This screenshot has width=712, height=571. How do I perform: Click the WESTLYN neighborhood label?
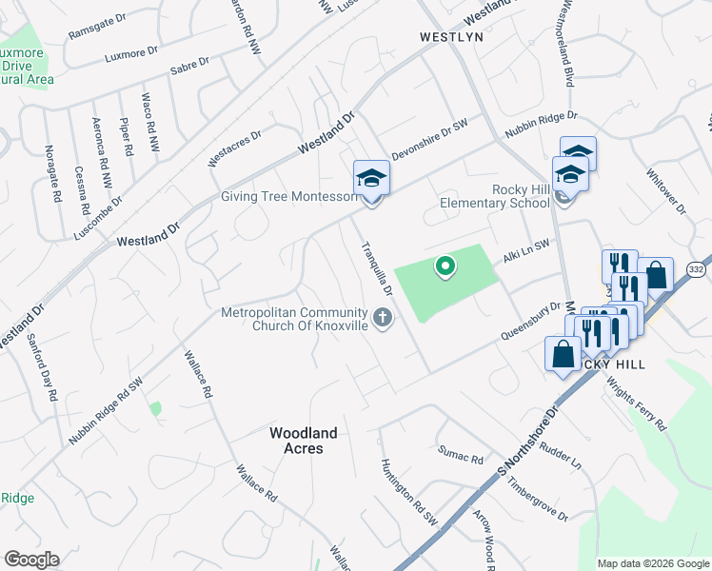click(x=452, y=37)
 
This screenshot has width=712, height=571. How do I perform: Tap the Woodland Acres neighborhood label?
click(x=304, y=441)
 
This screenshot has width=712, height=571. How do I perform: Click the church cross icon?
click(x=383, y=318)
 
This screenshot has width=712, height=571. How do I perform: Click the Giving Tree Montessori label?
click(x=289, y=197)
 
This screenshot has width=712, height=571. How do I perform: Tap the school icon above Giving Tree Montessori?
click(x=371, y=177)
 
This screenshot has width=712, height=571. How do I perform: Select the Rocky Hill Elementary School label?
click(x=495, y=196)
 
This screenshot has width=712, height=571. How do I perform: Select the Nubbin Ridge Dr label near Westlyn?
click(x=539, y=123)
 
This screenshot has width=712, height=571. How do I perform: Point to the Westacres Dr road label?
click(x=234, y=148)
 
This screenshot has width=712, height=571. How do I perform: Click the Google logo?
click(x=31, y=560)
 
